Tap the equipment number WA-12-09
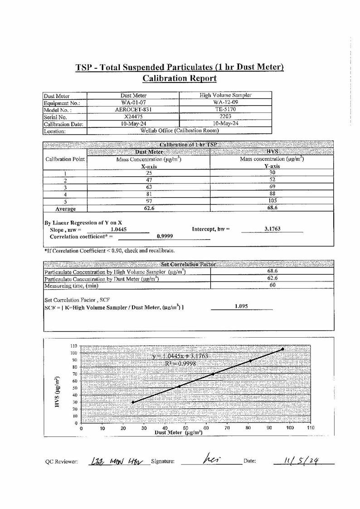(x=225, y=102)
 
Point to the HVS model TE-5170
(x=225, y=110)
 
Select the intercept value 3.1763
(x=272, y=229)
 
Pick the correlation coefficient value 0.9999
(x=164, y=236)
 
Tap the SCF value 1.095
(x=241, y=306)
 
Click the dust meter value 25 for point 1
(x=148, y=173)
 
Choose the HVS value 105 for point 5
(x=272, y=201)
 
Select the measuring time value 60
(x=272, y=285)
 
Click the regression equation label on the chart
(x=180, y=356)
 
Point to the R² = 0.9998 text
(x=180, y=363)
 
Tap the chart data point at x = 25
(x=133, y=402)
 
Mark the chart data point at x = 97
(x=283, y=349)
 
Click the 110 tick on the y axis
(x=73, y=346)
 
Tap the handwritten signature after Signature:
(x=211, y=460)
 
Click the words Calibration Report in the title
(x=180, y=78)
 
